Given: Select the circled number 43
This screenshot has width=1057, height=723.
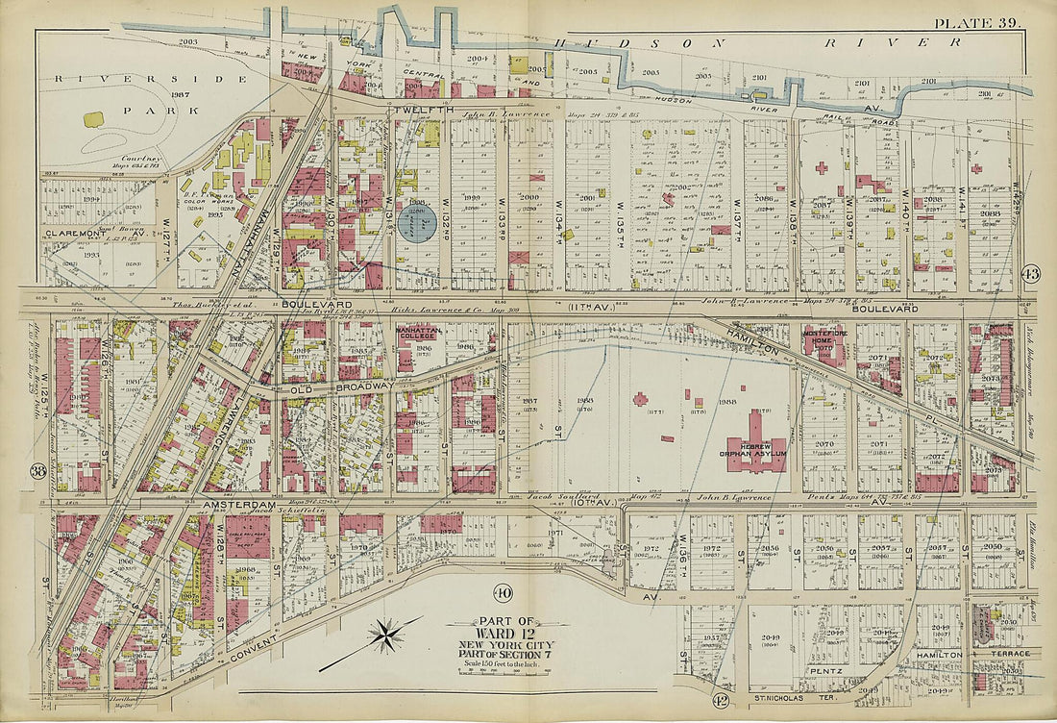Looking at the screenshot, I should (1032, 273).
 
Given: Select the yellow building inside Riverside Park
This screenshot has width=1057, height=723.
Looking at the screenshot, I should (93, 119).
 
